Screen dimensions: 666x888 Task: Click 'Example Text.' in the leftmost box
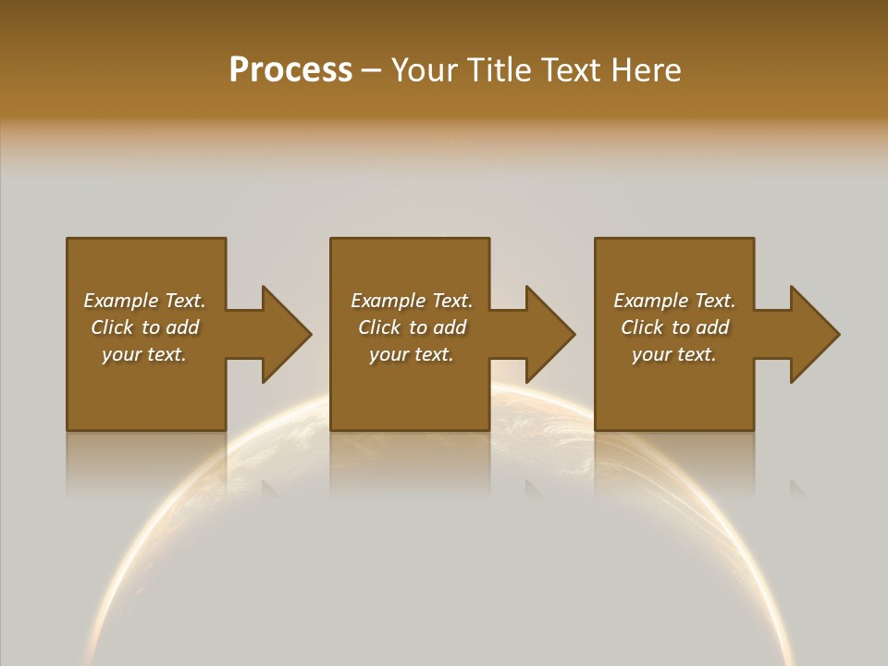(x=144, y=301)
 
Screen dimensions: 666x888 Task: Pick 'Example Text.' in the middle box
(x=412, y=301)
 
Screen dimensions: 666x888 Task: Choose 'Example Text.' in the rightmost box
(x=674, y=301)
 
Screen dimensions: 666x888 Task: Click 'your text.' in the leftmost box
(x=144, y=354)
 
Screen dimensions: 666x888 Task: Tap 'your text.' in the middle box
(x=412, y=354)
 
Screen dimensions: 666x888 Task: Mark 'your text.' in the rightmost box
(x=674, y=354)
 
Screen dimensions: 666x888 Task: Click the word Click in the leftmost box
(x=112, y=327)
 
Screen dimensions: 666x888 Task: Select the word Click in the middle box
(x=379, y=327)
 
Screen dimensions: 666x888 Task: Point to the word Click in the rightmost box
(x=642, y=327)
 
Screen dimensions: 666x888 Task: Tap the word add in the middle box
(x=450, y=327)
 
